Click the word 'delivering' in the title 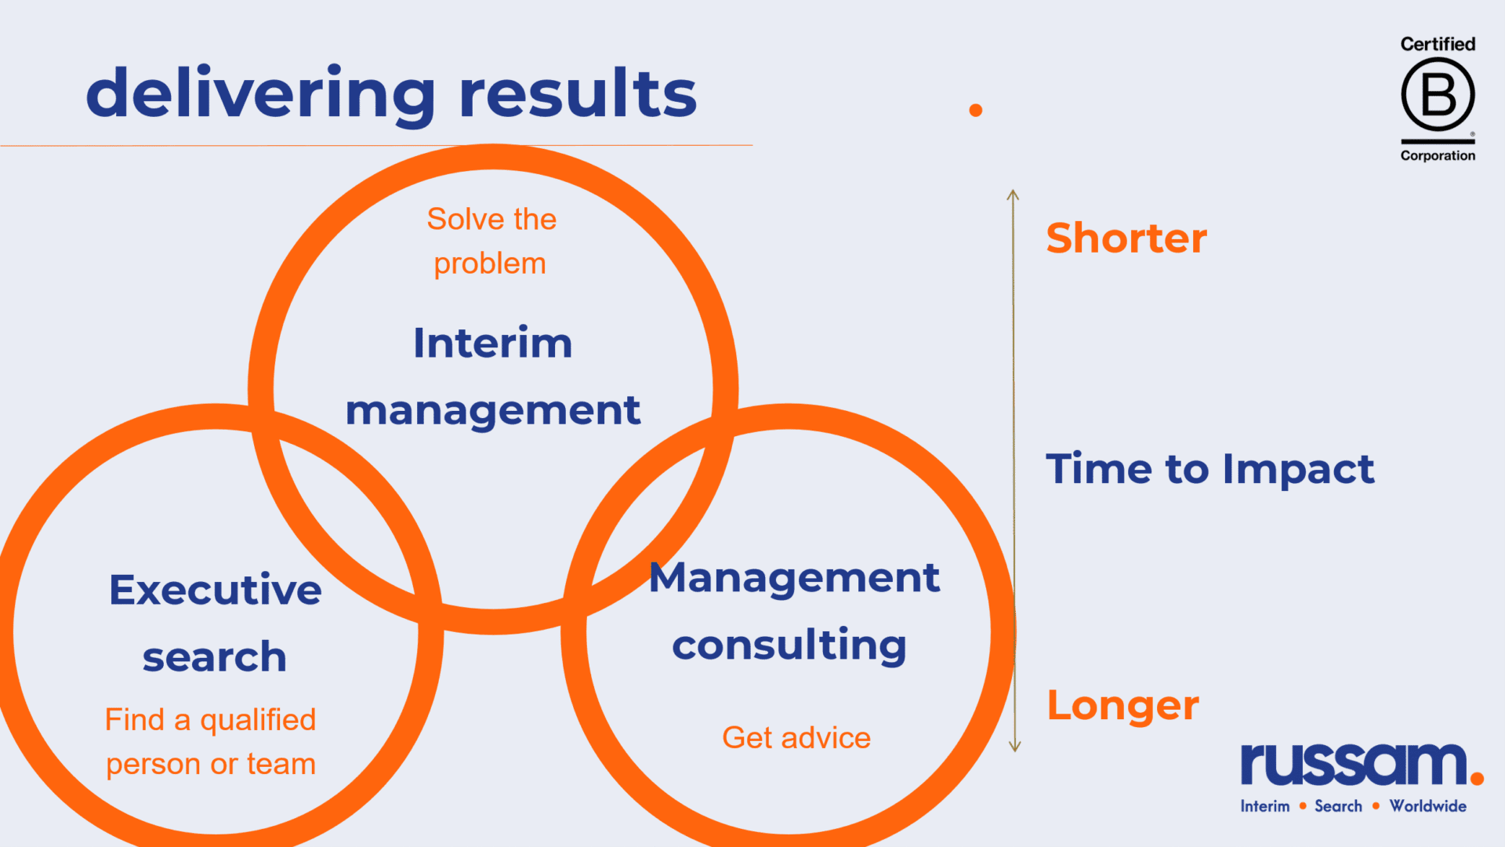260,94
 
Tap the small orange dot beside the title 976,111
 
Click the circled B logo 1438,94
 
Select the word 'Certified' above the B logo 1438,44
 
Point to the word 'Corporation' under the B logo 1438,155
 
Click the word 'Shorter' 1126,238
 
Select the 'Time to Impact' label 1210,469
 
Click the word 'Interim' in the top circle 493,343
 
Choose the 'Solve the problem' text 491,242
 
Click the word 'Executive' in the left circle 216,590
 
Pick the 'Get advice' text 796,738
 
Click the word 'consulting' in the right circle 789,646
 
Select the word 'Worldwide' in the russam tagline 1427,806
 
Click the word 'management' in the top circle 493,412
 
